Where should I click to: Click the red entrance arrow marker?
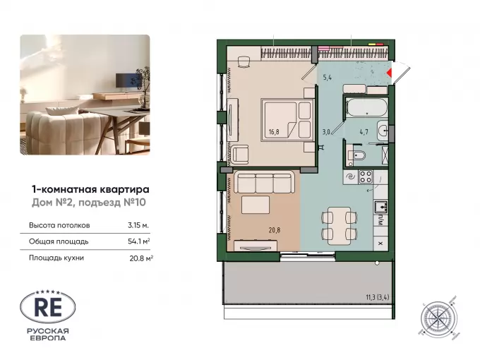pos(390,73)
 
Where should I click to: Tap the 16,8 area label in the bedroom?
pos(274,132)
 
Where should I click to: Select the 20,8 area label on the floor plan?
pos(275,230)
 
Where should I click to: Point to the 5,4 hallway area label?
pos(328,78)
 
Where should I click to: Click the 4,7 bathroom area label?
pos(364,132)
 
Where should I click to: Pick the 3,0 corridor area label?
pos(325,132)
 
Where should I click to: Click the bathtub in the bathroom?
pos(366,107)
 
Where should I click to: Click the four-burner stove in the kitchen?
pos(365,176)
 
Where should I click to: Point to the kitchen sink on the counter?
pos(380,207)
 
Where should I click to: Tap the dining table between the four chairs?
pos(340,226)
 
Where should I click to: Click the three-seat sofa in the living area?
pos(265,182)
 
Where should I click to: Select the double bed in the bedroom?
pos(288,120)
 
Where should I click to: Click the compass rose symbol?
pos(439,316)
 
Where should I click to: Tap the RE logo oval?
pos(48,307)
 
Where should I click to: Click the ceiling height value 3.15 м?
pos(138,225)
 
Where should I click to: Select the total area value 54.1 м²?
pos(138,241)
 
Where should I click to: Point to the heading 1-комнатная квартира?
pos(90,190)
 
